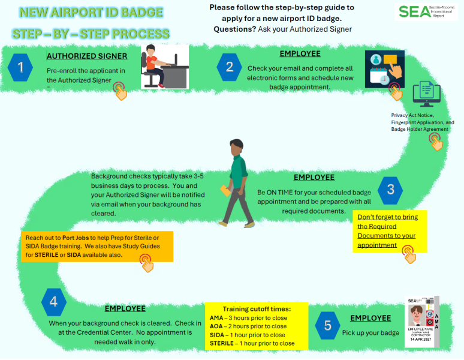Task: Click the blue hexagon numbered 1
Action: [21, 67]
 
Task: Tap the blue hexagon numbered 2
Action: [229, 67]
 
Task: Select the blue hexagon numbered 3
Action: [390, 190]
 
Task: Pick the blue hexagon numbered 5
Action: [327, 325]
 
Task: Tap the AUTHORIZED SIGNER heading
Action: [87, 56]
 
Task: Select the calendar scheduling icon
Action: [384, 69]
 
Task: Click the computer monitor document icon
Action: [426, 95]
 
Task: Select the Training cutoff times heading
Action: [257, 308]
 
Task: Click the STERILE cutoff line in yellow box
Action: [252, 343]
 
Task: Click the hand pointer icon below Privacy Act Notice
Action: [436, 142]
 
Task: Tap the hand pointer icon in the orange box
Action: [146, 262]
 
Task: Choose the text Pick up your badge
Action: [370, 332]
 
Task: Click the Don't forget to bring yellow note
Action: [389, 230]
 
